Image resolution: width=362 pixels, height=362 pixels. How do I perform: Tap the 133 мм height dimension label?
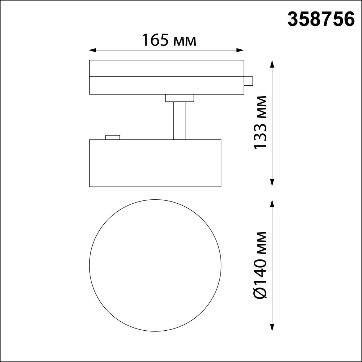(x=260, y=122)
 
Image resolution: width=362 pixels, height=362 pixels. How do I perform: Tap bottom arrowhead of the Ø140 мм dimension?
(x=272, y=327)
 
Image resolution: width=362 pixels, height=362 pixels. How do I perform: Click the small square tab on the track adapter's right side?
(x=248, y=81)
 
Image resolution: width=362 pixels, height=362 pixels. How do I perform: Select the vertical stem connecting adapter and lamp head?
(x=179, y=121)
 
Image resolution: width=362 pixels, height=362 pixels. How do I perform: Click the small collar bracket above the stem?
(x=179, y=98)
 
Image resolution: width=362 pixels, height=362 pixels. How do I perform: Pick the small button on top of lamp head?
(x=112, y=138)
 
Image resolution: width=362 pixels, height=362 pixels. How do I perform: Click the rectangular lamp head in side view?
(x=155, y=163)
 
